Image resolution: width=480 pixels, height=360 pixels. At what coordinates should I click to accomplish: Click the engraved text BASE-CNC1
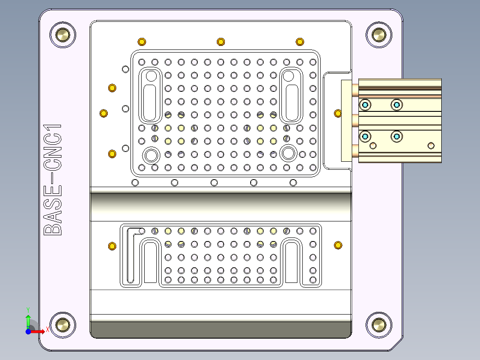[x=53, y=180]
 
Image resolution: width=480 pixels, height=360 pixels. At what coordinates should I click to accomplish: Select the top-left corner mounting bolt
[x=63, y=34]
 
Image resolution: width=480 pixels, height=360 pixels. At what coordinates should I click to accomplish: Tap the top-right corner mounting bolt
[x=379, y=34]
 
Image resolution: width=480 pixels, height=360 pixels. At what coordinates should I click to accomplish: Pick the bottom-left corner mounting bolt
[x=63, y=324]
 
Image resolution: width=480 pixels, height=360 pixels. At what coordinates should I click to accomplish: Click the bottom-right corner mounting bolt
[x=379, y=324]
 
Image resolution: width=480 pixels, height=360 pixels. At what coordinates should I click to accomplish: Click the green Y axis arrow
[x=28, y=321]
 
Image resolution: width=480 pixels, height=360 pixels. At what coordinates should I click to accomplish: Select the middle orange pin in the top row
[x=220, y=42]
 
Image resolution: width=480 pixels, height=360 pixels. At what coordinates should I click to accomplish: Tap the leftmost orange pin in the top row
[x=142, y=42]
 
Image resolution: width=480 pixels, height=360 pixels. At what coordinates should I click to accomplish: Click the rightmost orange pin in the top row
[x=300, y=42]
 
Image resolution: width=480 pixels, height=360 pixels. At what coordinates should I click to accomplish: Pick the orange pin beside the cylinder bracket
[x=338, y=113]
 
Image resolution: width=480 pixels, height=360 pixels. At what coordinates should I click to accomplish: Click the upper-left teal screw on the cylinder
[x=365, y=105]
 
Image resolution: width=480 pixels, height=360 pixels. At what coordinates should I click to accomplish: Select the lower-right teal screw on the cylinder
[x=396, y=136]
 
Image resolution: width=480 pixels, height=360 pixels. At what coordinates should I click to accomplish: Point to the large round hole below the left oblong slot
[x=151, y=155]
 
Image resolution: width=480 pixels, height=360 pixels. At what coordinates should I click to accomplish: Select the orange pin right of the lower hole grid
[x=338, y=245]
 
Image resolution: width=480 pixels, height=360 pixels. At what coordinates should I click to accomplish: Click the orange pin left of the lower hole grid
[x=112, y=246]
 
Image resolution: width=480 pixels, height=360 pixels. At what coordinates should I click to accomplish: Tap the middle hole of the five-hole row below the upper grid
[x=214, y=183]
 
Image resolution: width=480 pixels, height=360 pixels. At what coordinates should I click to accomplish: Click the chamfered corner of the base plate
[x=397, y=344]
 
